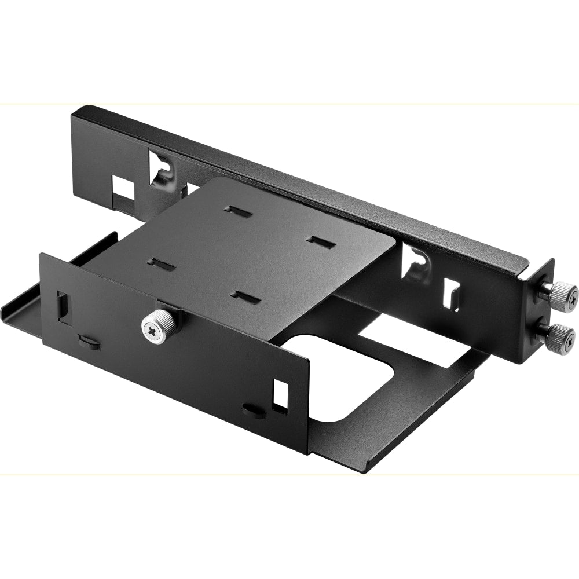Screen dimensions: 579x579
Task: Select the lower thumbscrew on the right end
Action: coord(559,335)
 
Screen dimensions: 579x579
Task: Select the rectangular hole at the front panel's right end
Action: coord(280,393)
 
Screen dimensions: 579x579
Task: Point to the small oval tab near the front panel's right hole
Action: coord(252,411)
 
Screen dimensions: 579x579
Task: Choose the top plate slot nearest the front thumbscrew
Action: coord(161,265)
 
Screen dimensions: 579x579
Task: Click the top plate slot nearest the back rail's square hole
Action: coord(239,211)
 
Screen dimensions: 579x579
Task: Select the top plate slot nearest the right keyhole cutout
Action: coord(322,242)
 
